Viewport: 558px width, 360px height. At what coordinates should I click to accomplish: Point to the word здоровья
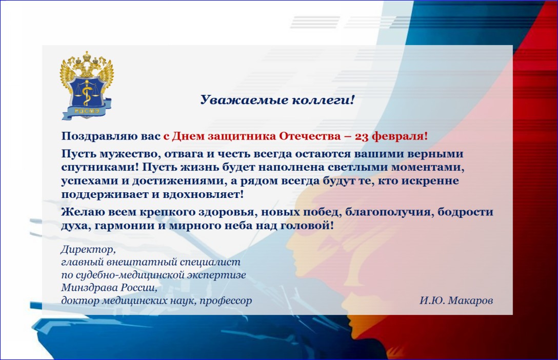[228, 212]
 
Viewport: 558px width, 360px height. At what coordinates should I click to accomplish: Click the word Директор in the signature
[87, 249]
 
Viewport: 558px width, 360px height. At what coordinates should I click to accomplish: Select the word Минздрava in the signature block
[89, 287]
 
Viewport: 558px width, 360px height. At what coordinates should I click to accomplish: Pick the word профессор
[226, 301]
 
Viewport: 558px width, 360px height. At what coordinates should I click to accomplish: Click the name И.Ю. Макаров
[456, 301]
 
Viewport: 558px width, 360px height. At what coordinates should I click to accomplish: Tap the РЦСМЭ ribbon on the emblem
[87, 111]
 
